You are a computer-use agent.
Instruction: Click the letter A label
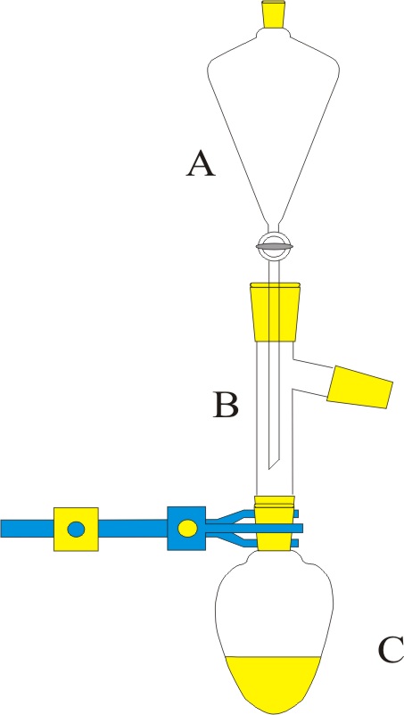pos(200,165)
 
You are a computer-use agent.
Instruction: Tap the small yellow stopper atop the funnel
pos(274,14)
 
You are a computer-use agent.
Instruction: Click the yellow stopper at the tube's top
pos(275,312)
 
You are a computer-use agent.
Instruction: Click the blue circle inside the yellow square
pos(76,529)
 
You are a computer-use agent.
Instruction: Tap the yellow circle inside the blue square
pos(187,529)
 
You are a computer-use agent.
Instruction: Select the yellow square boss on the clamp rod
pos(76,529)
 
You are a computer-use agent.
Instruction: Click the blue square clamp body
pos(186,529)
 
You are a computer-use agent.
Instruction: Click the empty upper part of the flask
pos(274,606)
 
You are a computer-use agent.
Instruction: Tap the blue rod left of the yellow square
pos(28,529)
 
